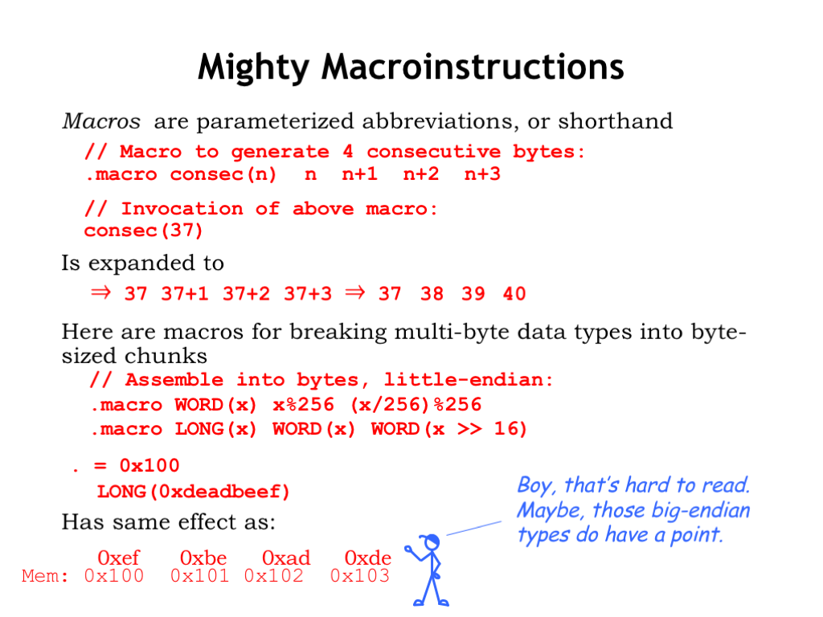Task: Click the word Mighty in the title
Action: point(253,67)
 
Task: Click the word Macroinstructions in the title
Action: point(473,67)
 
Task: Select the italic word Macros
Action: point(101,121)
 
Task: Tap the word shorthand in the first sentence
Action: point(615,121)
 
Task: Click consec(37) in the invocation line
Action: point(143,231)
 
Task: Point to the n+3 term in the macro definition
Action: point(482,174)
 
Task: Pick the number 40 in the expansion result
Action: point(514,293)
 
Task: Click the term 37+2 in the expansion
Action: point(246,293)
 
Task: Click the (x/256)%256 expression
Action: point(416,405)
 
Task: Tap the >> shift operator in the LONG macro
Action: point(469,429)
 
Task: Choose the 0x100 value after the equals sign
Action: point(149,465)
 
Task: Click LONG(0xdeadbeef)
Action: point(193,492)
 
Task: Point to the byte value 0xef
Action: point(119,558)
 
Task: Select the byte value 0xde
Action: point(368,558)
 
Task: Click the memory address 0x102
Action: point(274,576)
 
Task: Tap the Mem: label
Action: point(45,576)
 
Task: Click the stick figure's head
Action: point(432,542)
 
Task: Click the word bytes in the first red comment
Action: point(543,152)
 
